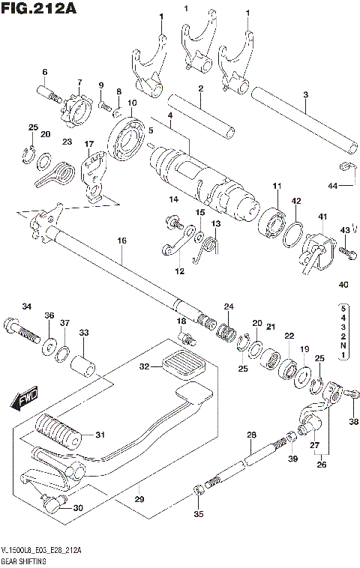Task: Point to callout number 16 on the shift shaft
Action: click(121, 241)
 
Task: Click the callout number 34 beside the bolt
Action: click(27, 306)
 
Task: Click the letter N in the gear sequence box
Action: click(343, 345)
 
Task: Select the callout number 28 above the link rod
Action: click(251, 435)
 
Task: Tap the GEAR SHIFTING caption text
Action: click(26, 561)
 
